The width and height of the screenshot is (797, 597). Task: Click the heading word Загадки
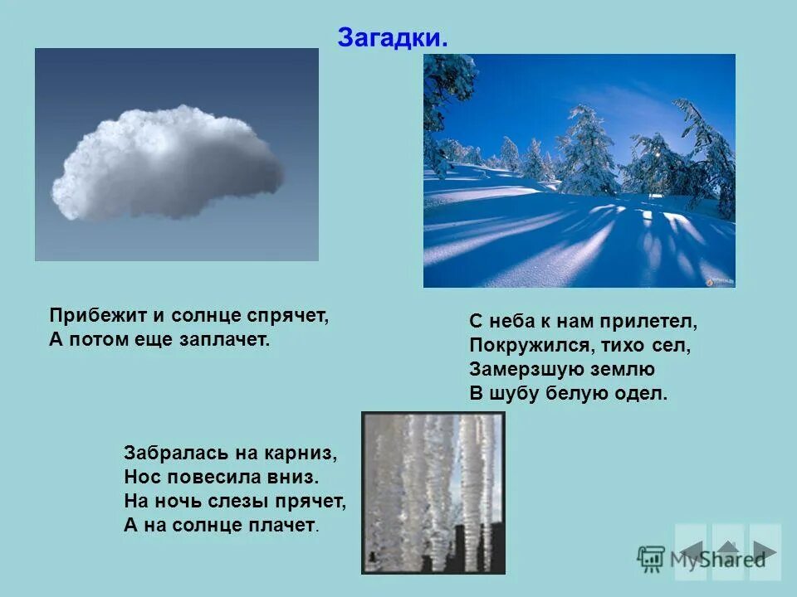pos(392,37)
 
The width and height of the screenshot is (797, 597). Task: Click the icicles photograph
pos(433,493)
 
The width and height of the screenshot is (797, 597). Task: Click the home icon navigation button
pos(728,551)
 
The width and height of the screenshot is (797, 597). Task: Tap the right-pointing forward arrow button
pos(765,551)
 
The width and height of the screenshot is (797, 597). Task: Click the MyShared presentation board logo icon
pos(651,558)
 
